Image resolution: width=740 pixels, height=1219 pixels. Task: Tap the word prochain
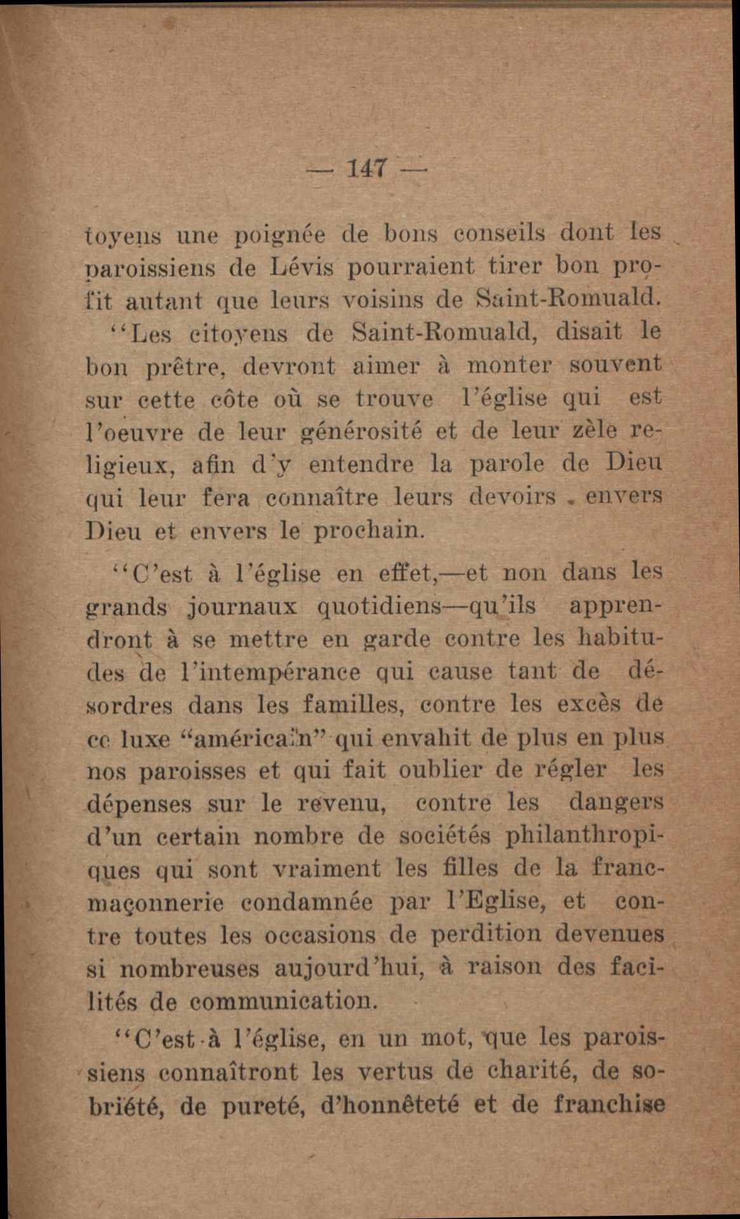pyautogui.click(x=368, y=530)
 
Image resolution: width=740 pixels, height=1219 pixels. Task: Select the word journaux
pyautogui.click(x=243, y=607)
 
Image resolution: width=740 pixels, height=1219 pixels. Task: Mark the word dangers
pyautogui.click(x=616, y=803)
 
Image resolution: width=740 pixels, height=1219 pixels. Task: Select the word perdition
pyautogui.click(x=486, y=935)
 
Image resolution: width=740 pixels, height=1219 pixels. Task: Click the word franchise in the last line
pyautogui.click(x=609, y=1105)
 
